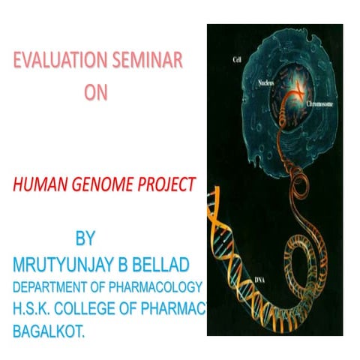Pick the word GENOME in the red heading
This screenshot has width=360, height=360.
coord(101,184)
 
